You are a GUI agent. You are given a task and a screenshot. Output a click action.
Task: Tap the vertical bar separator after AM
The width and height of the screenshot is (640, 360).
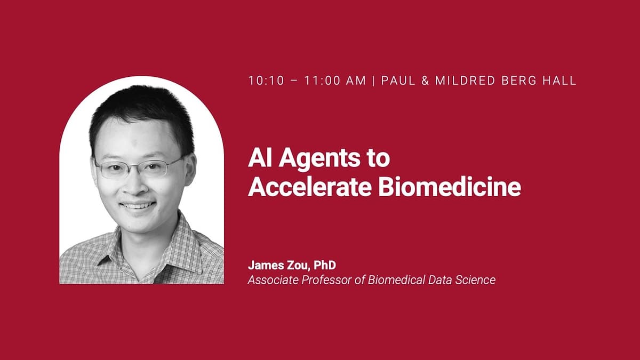pos(373,81)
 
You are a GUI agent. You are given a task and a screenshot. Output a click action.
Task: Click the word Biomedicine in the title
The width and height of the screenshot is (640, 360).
pos(449,188)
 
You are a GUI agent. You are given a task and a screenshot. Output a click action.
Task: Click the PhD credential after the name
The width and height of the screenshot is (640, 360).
pos(326,265)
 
